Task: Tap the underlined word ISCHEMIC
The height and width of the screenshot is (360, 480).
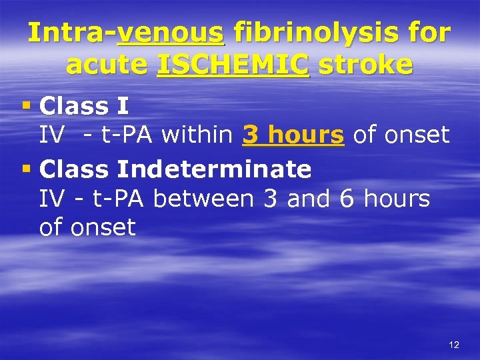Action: [233, 65]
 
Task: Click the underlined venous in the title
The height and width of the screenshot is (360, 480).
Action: [171, 33]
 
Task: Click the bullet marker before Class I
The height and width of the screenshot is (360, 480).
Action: [27, 105]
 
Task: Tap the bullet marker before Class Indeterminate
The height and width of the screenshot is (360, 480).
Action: [27, 169]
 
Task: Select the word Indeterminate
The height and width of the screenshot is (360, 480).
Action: [213, 169]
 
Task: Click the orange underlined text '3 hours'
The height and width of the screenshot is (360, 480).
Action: [293, 135]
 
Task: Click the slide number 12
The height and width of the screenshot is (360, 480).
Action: [454, 345]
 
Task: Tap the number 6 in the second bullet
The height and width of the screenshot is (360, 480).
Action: [346, 199]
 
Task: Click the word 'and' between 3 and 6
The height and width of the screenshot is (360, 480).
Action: [309, 199]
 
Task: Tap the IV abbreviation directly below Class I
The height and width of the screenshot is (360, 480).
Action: [51, 135]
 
